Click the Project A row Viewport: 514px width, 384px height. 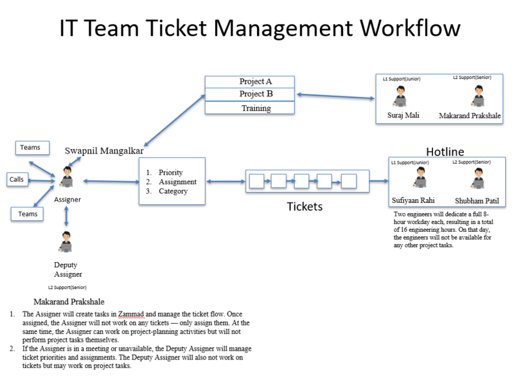click(250, 82)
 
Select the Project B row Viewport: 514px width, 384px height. click(250, 94)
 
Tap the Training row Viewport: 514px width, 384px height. click(250, 108)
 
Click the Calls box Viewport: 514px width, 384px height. click(17, 179)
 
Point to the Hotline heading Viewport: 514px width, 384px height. click(445, 152)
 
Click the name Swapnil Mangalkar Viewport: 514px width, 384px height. click(104, 151)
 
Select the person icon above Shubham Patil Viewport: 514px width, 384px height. click(477, 179)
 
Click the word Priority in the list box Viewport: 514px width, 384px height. click(170, 172)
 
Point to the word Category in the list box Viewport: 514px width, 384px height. click(173, 191)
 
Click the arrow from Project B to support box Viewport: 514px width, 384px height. click(335, 96)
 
